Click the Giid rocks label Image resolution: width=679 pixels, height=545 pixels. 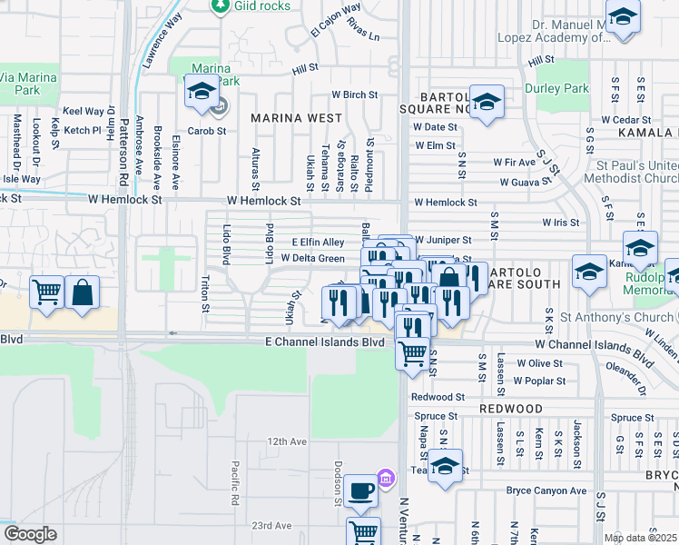pyautogui.click(x=262, y=6)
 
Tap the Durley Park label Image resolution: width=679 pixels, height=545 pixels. pyautogui.click(x=556, y=89)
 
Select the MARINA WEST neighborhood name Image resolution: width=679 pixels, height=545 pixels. pyautogui.click(x=297, y=118)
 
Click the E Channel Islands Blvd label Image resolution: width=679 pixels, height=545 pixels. pyautogui.click(x=326, y=342)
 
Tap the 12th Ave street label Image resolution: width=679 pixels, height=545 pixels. pyautogui.click(x=287, y=441)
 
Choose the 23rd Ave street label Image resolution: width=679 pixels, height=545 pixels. pyautogui.click(x=271, y=526)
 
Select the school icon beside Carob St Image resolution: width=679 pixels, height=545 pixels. pyautogui.click(x=201, y=91)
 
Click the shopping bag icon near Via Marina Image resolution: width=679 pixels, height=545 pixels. pyautogui.click(x=82, y=292)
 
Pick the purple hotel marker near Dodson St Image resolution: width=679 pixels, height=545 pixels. pyautogui.click(x=385, y=477)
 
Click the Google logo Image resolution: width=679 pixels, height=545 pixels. pyautogui.click(x=30, y=534)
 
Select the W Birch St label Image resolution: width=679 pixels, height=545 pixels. pyautogui.click(x=354, y=94)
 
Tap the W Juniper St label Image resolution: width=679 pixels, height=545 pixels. pyautogui.click(x=443, y=241)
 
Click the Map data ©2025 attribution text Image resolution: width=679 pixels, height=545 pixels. pyautogui.click(x=639, y=538)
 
